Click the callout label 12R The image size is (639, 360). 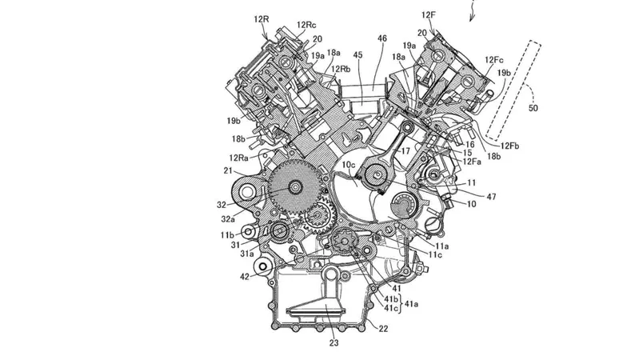pyautogui.click(x=262, y=19)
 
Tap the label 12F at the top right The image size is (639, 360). pyautogui.click(x=429, y=15)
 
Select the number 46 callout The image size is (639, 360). pyautogui.click(x=381, y=38)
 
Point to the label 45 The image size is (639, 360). pyautogui.click(x=357, y=54)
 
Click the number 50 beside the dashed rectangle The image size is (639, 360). pyautogui.click(x=533, y=108)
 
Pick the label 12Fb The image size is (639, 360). pyautogui.click(x=509, y=146)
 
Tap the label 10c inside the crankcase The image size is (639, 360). pyautogui.click(x=349, y=165)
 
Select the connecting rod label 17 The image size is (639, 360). pyautogui.click(x=405, y=151)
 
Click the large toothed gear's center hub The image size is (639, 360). pyautogui.click(x=294, y=187)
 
